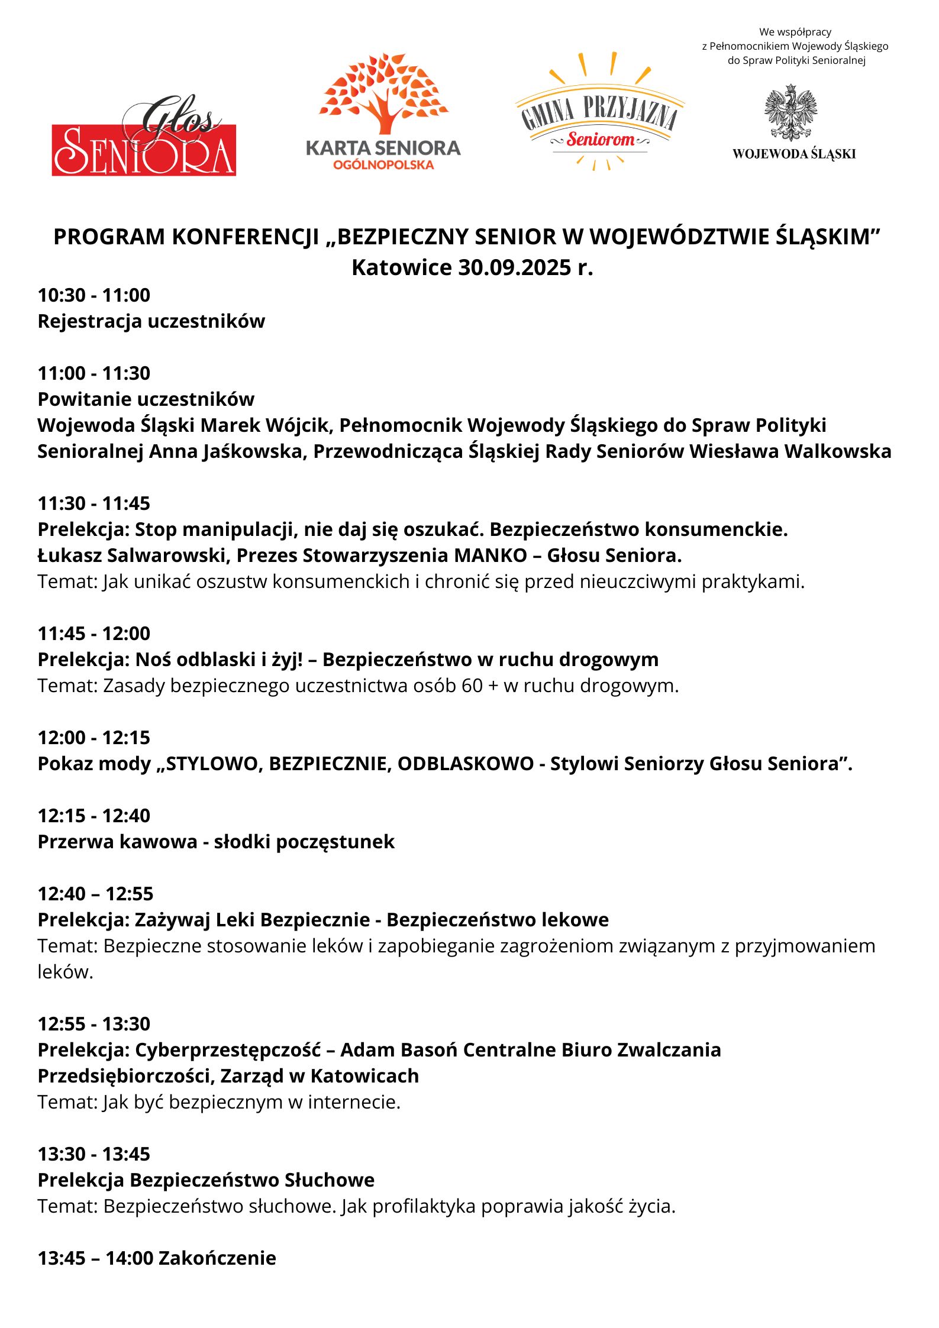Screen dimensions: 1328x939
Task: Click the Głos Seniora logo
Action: [x=144, y=140]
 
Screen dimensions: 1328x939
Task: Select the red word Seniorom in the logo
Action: [x=600, y=140]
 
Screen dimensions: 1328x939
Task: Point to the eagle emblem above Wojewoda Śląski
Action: [x=790, y=112]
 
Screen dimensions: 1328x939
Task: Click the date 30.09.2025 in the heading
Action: [x=514, y=267]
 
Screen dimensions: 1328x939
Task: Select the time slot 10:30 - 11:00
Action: [x=94, y=295]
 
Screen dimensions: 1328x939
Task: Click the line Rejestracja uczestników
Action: [x=151, y=321]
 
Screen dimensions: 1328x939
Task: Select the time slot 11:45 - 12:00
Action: [x=94, y=633]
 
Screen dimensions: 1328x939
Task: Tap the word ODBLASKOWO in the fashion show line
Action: [x=466, y=763]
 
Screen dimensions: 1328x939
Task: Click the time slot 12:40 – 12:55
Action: [x=95, y=893]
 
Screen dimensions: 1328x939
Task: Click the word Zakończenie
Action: [x=217, y=1258]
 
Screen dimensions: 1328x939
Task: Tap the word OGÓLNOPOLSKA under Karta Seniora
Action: [x=383, y=165]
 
